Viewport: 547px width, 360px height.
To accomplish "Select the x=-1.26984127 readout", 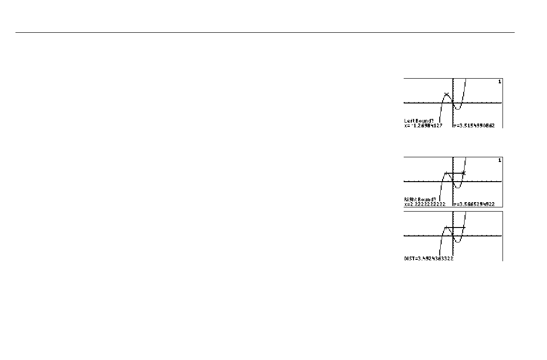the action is coord(423,125).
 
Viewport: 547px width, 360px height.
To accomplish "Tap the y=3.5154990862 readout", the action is coord(473,125).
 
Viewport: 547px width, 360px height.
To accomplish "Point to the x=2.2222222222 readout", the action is coord(425,204).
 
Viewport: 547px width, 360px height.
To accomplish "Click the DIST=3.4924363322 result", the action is coord(429,258).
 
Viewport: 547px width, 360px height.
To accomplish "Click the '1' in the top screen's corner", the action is coord(499,81).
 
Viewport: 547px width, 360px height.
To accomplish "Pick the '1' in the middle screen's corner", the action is coord(499,160).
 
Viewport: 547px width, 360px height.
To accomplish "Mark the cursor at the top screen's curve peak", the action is coord(446,94).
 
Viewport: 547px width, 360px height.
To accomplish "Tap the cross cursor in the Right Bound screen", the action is coord(464,173).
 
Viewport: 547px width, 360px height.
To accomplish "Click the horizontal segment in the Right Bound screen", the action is coord(454,173).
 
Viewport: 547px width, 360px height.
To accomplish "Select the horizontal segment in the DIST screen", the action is coord(455,228).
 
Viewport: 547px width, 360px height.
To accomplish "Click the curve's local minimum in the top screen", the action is coord(458,109).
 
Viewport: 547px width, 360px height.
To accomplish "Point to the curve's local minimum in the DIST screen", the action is coord(458,242).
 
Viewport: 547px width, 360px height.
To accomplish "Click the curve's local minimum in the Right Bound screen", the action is coord(458,188).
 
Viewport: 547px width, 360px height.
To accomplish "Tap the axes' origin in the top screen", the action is coord(453,103).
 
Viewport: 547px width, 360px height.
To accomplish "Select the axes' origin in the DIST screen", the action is coord(453,235).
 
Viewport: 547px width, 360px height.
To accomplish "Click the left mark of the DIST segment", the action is coord(445,228).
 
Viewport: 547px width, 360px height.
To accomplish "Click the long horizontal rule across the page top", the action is coord(265,33).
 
